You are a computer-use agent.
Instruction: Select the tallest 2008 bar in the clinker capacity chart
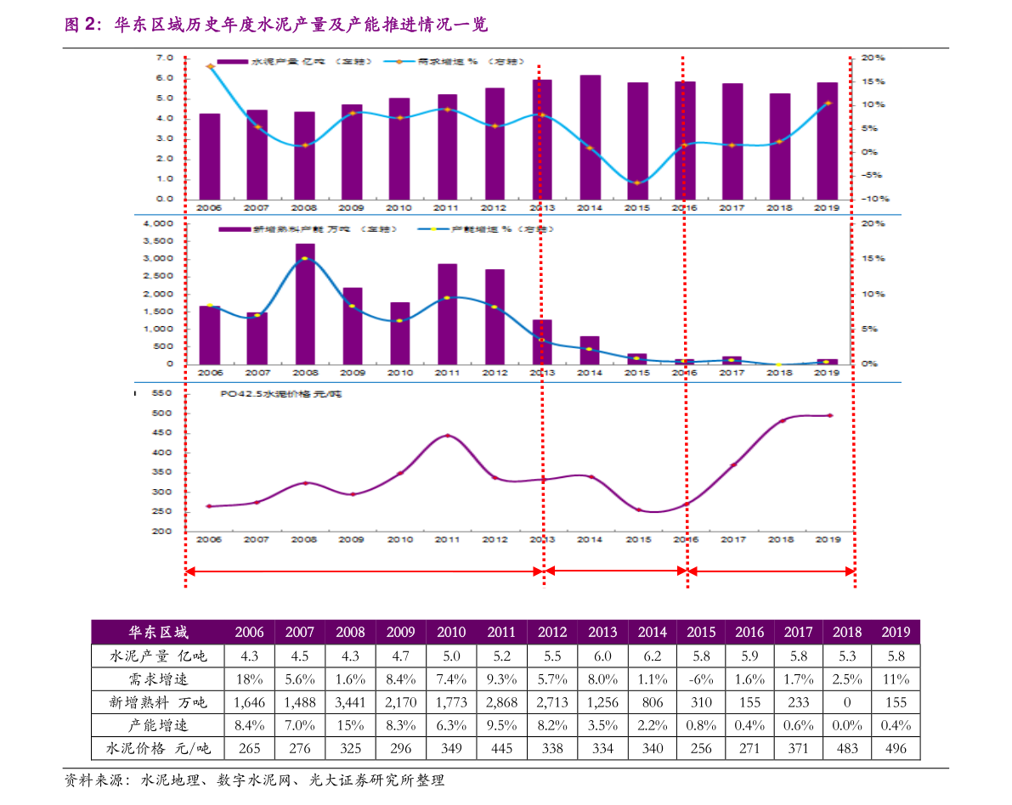coord(305,303)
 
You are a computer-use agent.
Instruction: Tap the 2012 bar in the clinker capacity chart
coord(495,316)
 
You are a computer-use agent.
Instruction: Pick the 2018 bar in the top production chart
coord(780,145)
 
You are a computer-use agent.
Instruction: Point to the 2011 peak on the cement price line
coord(447,436)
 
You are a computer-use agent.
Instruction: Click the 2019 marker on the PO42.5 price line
coord(830,415)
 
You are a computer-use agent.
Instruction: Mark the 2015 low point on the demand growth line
coord(637,183)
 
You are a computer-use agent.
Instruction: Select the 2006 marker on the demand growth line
coord(210,66)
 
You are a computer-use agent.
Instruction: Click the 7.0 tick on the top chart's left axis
coord(165,58)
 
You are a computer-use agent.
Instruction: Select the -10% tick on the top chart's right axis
coord(874,199)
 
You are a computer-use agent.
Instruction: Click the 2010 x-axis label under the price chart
coord(399,539)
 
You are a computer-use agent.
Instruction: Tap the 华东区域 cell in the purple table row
coord(158,632)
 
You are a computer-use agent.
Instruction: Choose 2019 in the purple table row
coord(896,632)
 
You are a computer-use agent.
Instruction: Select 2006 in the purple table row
coord(249,632)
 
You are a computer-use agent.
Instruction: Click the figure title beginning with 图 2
coord(276,25)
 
